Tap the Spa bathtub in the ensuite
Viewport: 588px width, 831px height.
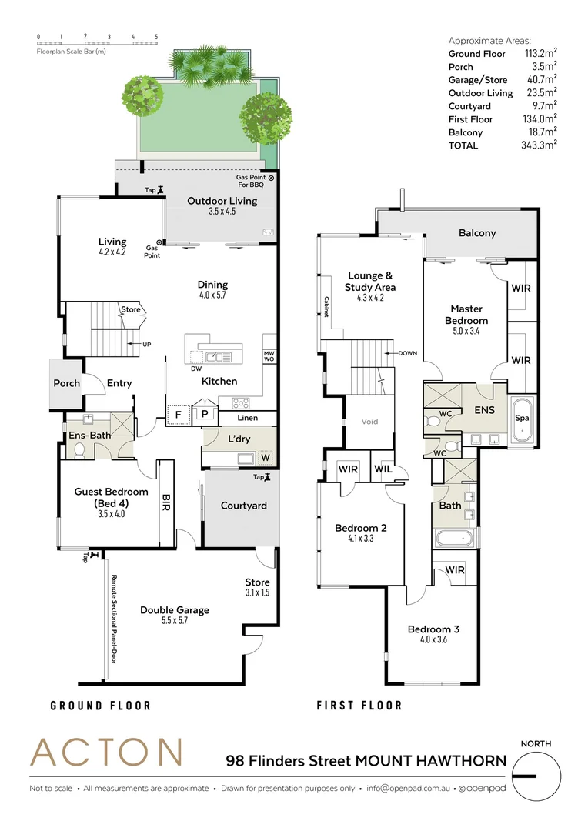(523, 420)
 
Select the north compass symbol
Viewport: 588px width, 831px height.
(536, 776)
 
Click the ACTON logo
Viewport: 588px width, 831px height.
(106, 752)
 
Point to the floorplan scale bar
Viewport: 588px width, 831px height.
(98, 40)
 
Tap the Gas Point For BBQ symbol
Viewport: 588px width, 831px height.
(270, 179)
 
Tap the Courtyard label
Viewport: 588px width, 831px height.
(243, 506)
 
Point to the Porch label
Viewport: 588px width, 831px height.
(66, 383)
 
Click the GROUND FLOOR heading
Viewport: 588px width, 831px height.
(100, 706)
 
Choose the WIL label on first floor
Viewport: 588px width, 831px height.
(383, 469)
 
